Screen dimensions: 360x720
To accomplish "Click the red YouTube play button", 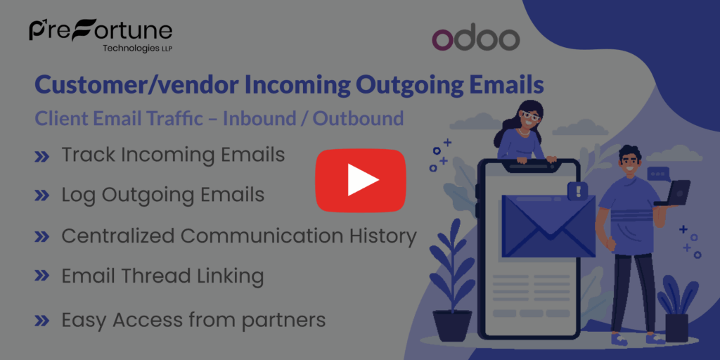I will coord(361,180).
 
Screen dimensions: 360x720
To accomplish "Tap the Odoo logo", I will coord(475,39).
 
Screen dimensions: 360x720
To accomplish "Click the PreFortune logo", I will coord(101,32).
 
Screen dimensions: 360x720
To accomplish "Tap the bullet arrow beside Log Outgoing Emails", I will coord(42,196).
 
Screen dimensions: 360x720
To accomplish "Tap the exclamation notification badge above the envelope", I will coord(578,191).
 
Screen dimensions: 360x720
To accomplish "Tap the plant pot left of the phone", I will coord(452,325).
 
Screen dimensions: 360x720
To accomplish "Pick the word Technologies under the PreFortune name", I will coord(129,49).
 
